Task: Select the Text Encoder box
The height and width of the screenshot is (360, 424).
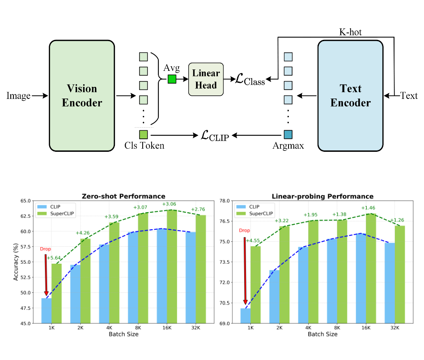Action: (x=350, y=95)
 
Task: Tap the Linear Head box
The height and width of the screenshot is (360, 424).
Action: (x=206, y=79)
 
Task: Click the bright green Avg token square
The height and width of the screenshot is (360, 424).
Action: (x=172, y=79)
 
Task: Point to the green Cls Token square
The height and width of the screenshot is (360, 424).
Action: (x=143, y=134)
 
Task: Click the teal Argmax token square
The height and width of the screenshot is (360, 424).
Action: (x=288, y=134)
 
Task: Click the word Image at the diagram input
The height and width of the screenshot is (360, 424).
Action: (x=19, y=96)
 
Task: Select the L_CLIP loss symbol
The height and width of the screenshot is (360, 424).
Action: (x=214, y=135)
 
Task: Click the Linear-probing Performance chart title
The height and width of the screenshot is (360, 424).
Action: (x=322, y=196)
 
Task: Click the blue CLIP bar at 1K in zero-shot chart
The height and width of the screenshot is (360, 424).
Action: (x=47, y=310)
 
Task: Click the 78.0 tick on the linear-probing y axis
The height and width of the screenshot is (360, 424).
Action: (x=224, y=201)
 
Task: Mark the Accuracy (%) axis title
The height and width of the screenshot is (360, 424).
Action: (x=16, y=262)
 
